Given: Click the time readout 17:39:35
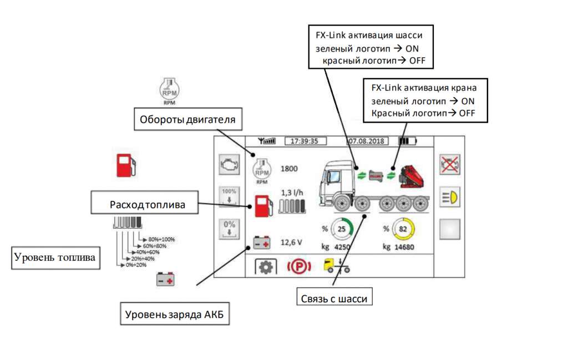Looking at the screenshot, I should [305, 141].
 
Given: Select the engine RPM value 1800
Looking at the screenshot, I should [290, 169].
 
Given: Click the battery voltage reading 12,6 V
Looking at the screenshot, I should [292, 242].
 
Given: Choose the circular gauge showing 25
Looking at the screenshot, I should [342, 229].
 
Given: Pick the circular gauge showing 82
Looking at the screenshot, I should [403, 229].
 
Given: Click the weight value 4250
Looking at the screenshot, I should [344, 246].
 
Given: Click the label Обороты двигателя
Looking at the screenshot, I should [187, 119].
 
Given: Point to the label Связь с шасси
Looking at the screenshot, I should [335, 298].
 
